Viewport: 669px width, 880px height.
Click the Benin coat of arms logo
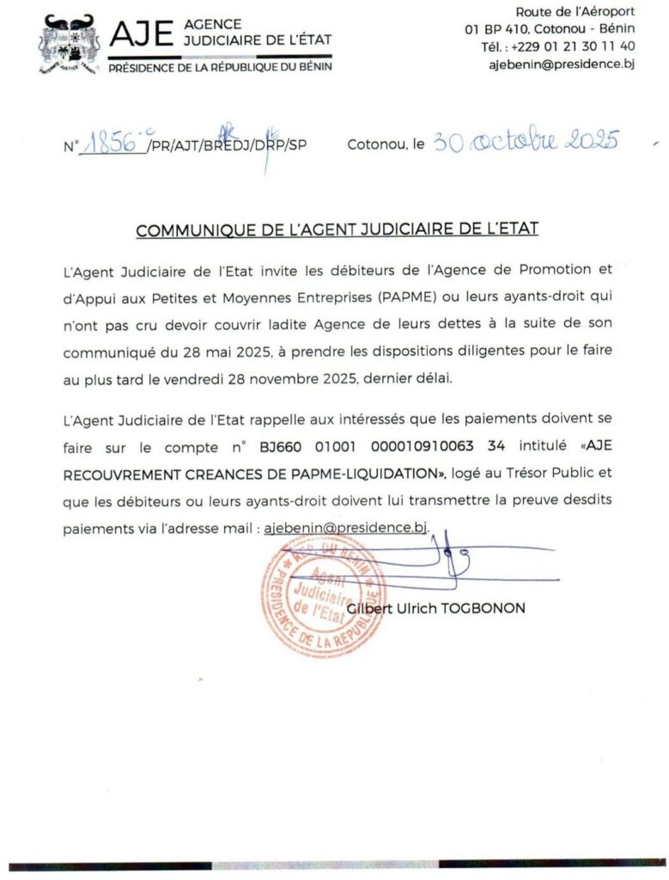tap(70, 44)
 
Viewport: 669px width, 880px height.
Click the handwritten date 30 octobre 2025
tap(525, 142)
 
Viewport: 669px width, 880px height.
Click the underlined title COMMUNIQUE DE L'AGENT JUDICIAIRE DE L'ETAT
tap(337, 230)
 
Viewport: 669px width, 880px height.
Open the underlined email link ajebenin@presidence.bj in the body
tap(346, 528)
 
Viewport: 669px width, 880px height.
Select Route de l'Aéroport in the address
tap(575, 11)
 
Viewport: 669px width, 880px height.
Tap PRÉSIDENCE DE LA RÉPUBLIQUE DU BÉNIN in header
tap(220, 66)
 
